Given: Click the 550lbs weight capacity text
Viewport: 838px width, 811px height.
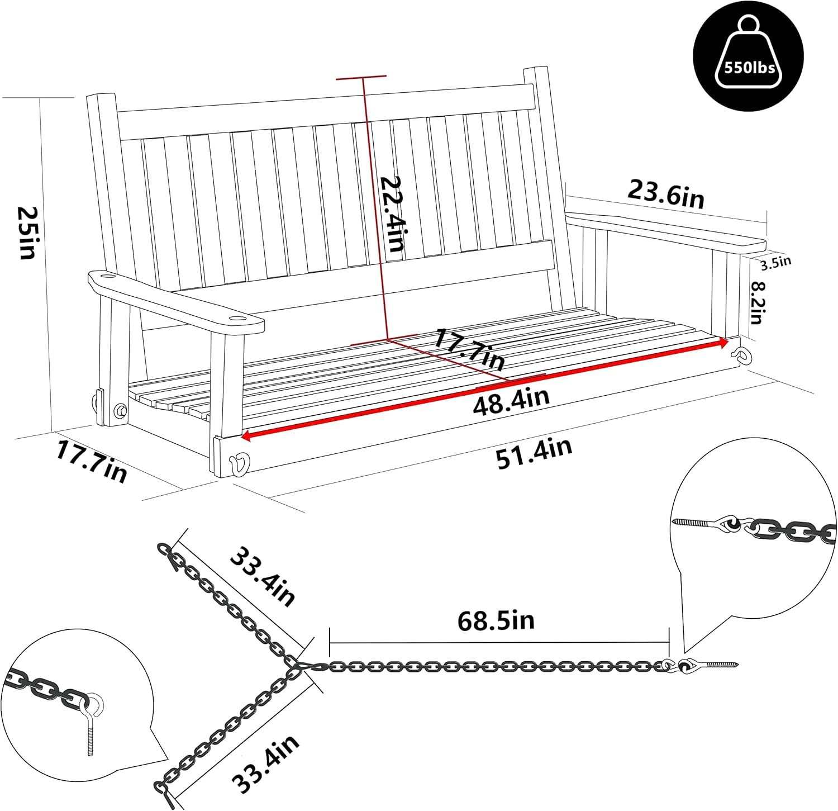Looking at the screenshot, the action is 749,68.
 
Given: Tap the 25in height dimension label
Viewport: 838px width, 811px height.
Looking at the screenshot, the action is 26,233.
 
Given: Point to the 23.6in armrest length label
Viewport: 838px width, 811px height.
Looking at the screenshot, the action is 665,192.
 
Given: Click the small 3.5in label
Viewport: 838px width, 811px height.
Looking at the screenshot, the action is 777,262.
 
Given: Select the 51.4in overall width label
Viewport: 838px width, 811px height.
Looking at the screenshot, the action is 534,453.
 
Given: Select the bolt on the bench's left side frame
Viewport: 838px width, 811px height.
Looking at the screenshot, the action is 120,410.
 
